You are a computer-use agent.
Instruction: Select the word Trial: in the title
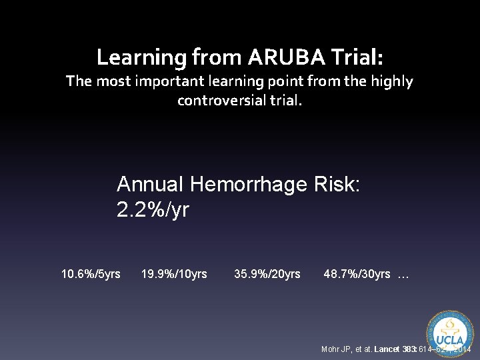[x=354, y=57]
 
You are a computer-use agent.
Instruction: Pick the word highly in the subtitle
[x=393, y=82]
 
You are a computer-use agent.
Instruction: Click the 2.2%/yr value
[x=153, y=210]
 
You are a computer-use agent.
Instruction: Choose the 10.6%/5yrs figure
[x=91, y=274]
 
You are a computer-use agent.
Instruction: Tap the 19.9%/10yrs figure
[x=174, y=274]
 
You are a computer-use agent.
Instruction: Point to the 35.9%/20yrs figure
[x=267, y=274]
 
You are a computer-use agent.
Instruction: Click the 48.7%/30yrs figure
[x=357, y=274]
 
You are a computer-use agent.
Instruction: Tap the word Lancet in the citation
[x=387, y=349]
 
